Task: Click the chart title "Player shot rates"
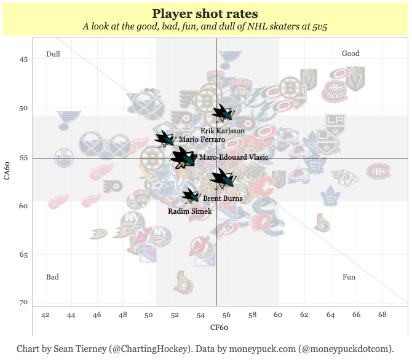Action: [205, 14]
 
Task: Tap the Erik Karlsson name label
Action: [223, 131]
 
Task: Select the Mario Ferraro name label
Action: [197, 140]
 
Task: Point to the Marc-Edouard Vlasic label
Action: [234, 157]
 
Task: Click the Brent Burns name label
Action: [223, 198]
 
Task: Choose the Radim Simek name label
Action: [189, 211]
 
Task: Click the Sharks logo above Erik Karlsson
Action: [222, 112]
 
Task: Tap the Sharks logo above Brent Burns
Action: [222, 179]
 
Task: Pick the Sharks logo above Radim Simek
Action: [190, 196]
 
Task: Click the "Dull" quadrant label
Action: [53, 54]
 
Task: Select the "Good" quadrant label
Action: [351, 53]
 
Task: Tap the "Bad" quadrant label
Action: [53, 277]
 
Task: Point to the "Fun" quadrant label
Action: [349, 277]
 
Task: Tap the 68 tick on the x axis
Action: [382, 315]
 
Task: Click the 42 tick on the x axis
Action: [46, 315]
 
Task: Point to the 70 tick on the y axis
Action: [24, 302]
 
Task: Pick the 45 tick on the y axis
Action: [24, 60]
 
